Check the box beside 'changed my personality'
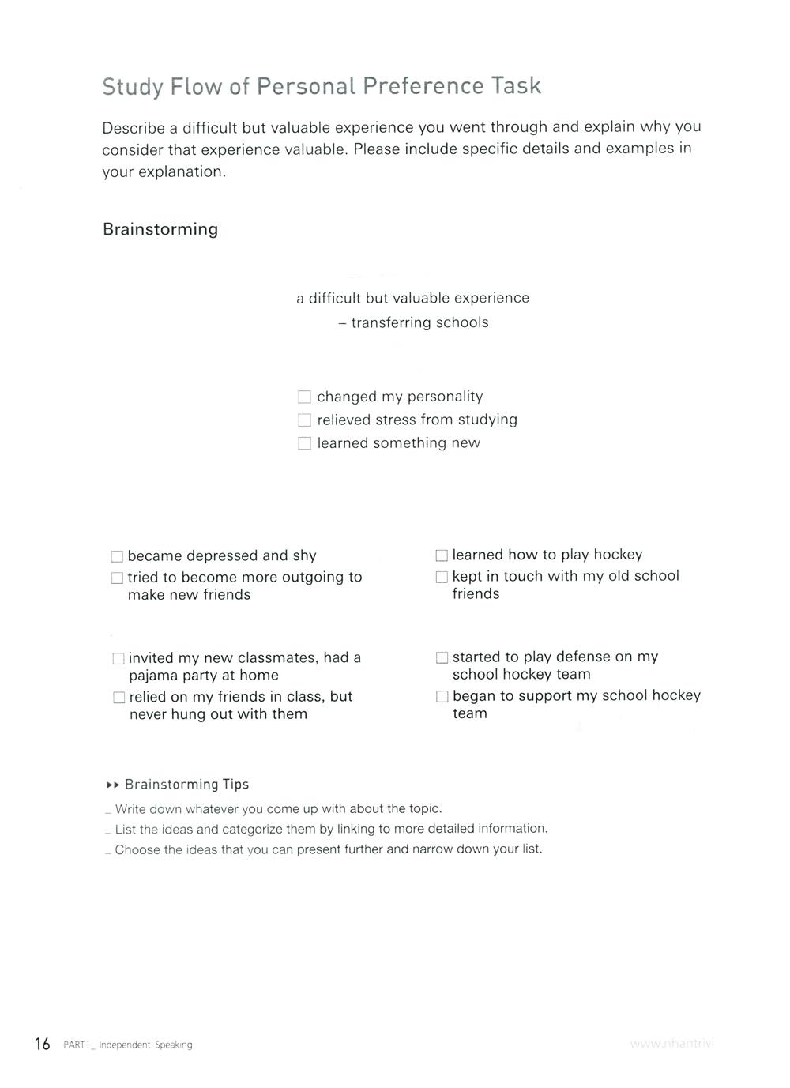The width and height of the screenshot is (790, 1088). (304, 397)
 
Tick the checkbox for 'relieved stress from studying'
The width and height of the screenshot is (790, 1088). (304, 420)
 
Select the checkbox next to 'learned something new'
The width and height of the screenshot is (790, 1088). (304, 443)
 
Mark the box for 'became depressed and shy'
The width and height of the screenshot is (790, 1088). (117, 556)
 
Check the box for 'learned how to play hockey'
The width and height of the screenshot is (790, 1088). (442, 555)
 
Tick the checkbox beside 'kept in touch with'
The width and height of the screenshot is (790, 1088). (442, 577)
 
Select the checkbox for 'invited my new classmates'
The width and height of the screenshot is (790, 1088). (118, 658)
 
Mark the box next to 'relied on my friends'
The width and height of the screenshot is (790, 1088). (118, 697)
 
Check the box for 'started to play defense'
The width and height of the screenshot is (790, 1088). (442, 657)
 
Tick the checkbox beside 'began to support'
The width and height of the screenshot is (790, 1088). (442, 696)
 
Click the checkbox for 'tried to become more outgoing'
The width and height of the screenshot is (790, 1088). (117, 578)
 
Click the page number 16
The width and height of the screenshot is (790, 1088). (42, 1044)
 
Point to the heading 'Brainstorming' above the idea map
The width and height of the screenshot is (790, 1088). (160, 229)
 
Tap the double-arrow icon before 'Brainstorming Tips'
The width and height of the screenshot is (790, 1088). (112, 785)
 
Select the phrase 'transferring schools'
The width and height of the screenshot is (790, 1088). (419, 322)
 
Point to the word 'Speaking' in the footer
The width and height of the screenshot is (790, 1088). (174, 1045)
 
